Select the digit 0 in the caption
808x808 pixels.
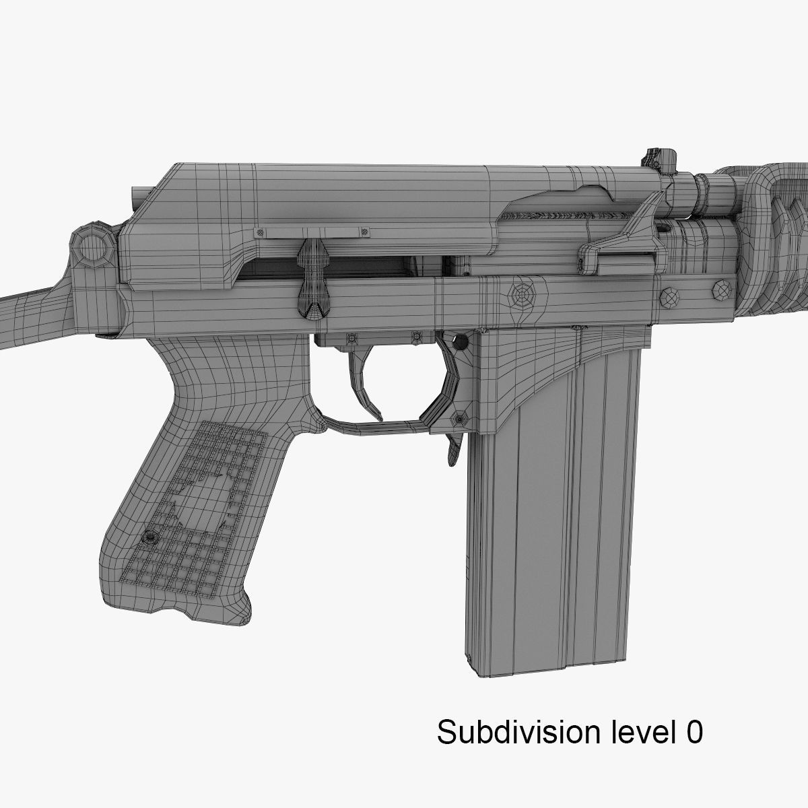(x=693, y=732)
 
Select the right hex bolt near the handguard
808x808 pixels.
(x=720, y=291)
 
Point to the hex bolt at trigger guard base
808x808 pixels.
(x=459, y=419)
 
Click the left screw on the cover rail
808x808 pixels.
(x=258, y=232)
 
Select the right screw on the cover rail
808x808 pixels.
(x=364, y=232)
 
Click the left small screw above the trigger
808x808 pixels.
(x=351, y=337)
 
